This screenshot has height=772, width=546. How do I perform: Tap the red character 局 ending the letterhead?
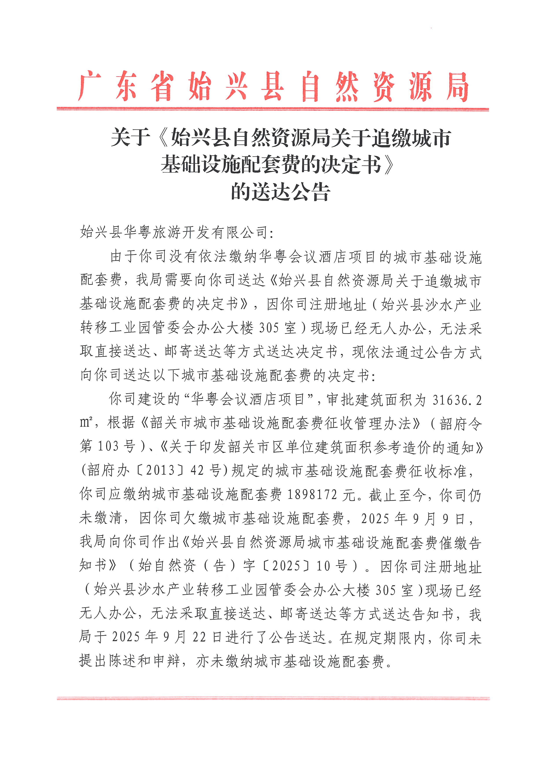457,87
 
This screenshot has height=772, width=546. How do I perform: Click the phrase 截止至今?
396,495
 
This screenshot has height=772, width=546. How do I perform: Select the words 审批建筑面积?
369,400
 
